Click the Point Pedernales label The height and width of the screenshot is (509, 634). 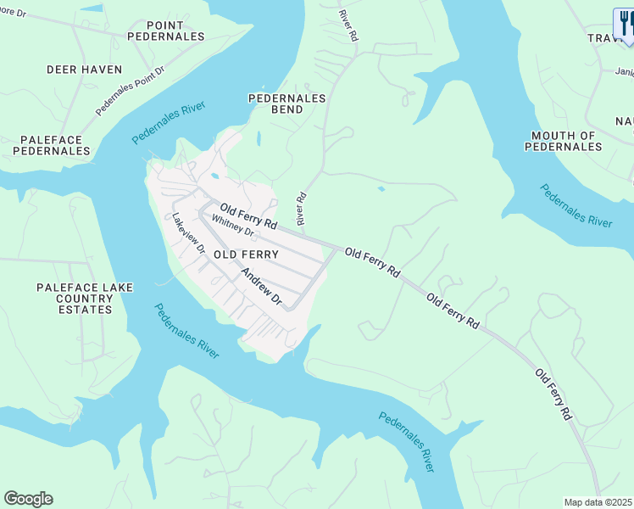tap(166, 31)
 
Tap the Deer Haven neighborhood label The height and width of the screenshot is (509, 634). tap(84, 69)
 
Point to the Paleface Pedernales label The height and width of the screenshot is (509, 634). tap(52, 145)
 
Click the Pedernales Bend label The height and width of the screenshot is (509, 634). tap(286, 103)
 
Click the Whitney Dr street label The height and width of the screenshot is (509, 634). tap(233, 226)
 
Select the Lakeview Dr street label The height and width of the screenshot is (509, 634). tap(189, 233)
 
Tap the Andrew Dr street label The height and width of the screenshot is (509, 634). tap(261, 287)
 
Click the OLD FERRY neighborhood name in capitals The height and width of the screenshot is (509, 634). tap(246, 255)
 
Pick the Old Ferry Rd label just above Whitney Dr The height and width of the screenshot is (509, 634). tap(248, 216)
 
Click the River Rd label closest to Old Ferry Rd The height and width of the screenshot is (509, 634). tap(299, 207)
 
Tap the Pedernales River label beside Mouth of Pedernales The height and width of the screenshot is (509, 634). tap(576, 204)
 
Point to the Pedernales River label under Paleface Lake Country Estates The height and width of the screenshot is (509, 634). tap(186, 332)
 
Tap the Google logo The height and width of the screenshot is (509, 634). tap(28, 499)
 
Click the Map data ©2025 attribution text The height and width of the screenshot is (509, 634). tap(598, 502)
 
